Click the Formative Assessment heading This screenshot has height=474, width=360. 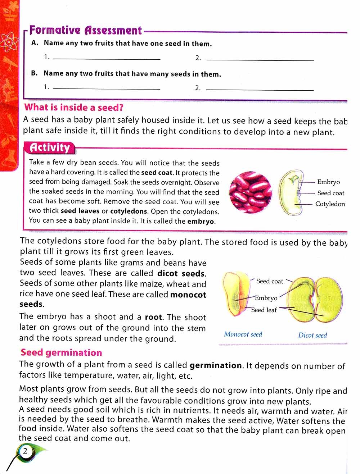(85, 30)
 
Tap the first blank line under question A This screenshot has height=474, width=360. (107, 59)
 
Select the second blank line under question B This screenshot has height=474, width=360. (260, 89)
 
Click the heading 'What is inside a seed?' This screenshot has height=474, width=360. (74, 107)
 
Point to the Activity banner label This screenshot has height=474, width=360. (50, 147)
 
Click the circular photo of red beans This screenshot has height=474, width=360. (251, 193)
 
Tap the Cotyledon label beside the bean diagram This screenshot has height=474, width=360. (330, 204)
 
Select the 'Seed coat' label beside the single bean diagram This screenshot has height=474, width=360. (330, 193)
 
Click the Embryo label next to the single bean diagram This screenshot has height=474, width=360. (328, 182)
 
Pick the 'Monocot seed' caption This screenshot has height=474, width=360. (243, 334)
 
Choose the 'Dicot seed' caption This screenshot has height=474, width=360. (312, 335)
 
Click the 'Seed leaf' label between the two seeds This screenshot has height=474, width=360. (264, 310)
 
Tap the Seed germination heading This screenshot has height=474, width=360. (61, 352)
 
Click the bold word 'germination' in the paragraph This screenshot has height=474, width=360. (216, 366)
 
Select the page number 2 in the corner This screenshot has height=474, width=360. (25, 451)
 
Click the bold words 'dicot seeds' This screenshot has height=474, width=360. (181, 273)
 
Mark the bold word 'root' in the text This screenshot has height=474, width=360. (154, 317)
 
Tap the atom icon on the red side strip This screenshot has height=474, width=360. (8, 42)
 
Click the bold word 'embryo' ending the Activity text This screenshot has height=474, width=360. (201, 222)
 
